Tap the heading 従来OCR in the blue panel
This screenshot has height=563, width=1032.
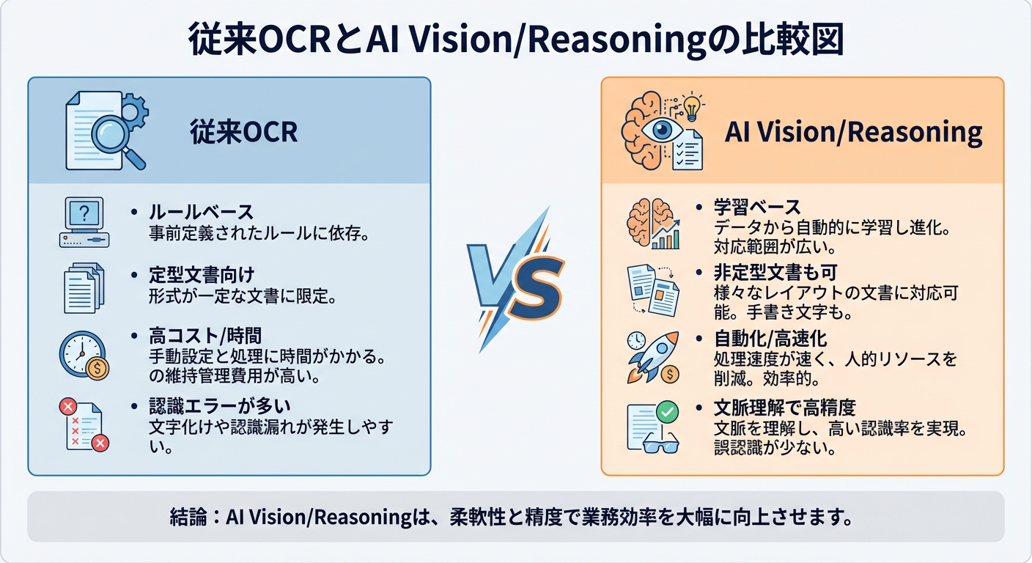pos(243,132)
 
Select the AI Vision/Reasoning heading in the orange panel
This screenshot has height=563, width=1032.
pos(853,132)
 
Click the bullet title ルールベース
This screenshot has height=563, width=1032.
pos(201,213)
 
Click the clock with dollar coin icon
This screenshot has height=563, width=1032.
pos(84,356)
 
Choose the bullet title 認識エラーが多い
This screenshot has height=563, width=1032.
pos(211,405)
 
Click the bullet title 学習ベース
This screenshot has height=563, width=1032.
pos(757,207)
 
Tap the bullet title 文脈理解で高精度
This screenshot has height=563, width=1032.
pos(785,408)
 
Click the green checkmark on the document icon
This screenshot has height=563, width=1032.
pos(667,412)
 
